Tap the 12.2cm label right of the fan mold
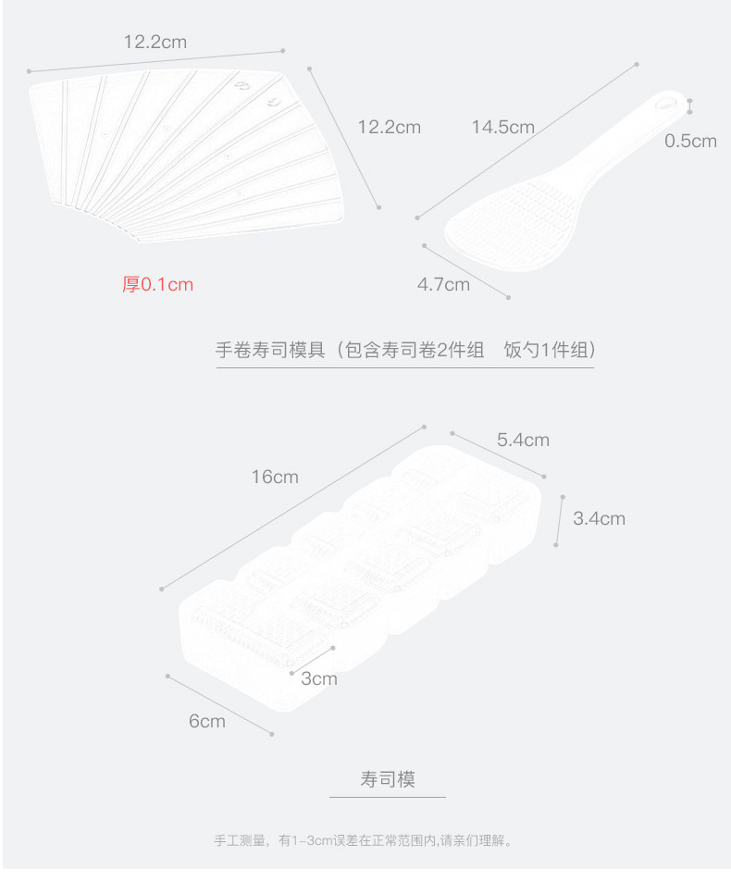tap(389, 127)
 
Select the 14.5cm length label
tap(502, 127)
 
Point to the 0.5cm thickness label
tap(690, 141)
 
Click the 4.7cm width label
tap(443, 284)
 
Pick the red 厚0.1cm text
tap(158, 284)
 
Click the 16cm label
tap(275, 477)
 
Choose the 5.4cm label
tap(523, 440)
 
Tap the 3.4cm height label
tap(599, 518)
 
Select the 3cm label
tap(319, 678)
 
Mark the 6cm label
tap(207, 721)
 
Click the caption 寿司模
tap(388, 779)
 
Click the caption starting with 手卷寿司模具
tap(404, 351)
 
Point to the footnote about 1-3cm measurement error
tap(364, 841)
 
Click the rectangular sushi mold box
tap(361, 574)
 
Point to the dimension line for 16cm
tap(292, 507)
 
